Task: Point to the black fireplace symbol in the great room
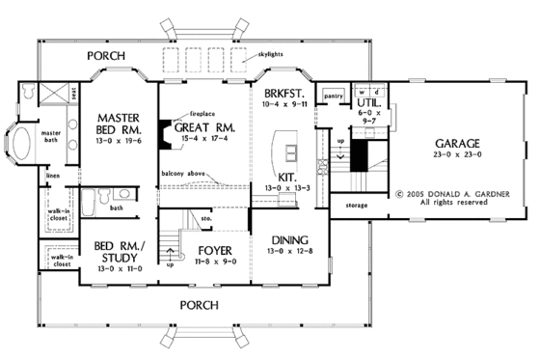click(166, 128)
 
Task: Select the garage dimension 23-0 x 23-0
click(442, 152)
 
